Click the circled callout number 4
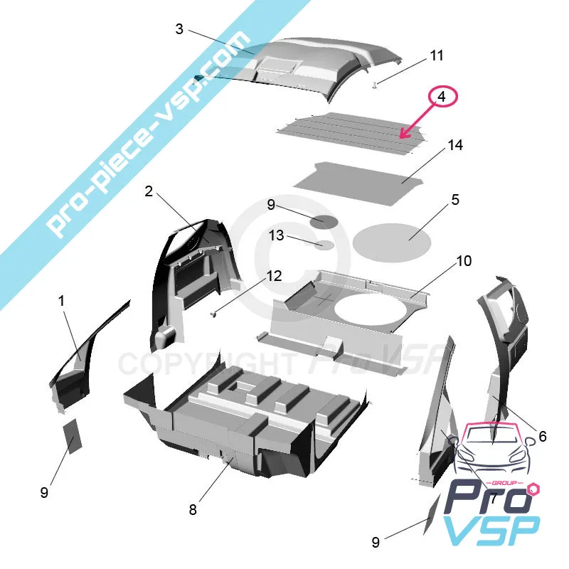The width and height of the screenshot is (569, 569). click(441, 97)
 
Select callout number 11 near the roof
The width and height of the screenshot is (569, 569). click(437, 55)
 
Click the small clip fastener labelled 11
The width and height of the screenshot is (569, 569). click(376, 85)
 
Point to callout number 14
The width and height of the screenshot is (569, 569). click(455, 145)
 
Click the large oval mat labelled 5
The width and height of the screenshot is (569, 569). click(392, 243)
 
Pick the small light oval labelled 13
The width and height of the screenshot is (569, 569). click(324, 245)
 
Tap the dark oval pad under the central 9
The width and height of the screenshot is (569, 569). click(324, 222)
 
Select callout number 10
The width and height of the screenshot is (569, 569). click(464, 261)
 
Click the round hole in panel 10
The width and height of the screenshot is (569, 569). click(371, 309)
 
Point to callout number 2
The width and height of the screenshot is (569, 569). click(149, 191)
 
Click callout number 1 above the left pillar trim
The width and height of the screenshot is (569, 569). click(62, 300)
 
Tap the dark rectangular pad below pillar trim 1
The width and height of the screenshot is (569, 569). click(73, 436)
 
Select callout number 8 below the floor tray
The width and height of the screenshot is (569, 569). click(193, 510)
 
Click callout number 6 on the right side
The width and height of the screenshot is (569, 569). click(543, 436)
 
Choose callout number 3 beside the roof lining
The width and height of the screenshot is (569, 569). click(179, 29)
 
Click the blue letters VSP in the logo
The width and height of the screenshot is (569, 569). click(491, 530)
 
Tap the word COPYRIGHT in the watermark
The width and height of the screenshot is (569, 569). click(207, 363)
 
